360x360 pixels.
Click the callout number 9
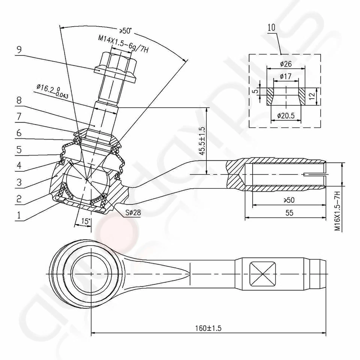click(18, 48)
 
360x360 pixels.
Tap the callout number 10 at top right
click(272, 27)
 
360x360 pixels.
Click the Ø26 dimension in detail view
click(286, 64)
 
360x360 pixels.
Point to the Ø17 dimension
click(286, 76)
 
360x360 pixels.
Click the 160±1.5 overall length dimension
click(208, 328)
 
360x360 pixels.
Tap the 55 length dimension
click(289, 213)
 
